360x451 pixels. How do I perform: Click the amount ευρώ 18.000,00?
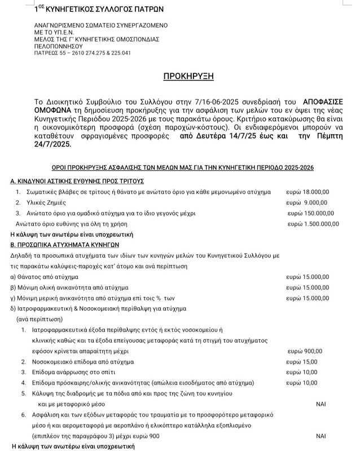pyautogui.click(x=309, y=192)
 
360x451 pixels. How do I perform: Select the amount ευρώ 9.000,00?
pyautogui.click(x=306, y=203)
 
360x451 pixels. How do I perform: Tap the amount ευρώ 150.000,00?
pyautogui.click(x=311, y=213)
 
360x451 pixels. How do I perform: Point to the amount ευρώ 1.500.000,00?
pyautogui.click(x=313, y=224)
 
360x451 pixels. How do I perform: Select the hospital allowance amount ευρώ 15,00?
pyautogui.click(x=302, y=361)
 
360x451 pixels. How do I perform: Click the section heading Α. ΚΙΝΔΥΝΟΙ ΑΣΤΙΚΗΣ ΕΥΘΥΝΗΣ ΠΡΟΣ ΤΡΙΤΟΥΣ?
pyautogui.click(x=78, y=181)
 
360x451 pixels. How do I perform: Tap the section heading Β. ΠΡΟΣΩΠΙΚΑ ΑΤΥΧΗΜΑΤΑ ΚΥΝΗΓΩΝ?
pyautogui.click(x=65, y=245)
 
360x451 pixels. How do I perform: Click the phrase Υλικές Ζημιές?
pyautogui.click(x=50, y=203)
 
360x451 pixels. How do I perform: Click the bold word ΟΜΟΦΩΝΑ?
pyautogui.click(x=56, y=110)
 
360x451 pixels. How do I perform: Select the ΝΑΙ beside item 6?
pyautogui.click(x=321, y=436)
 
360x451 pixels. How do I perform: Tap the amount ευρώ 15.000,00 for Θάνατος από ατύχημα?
pyautogui.click(x=307, y=277)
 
